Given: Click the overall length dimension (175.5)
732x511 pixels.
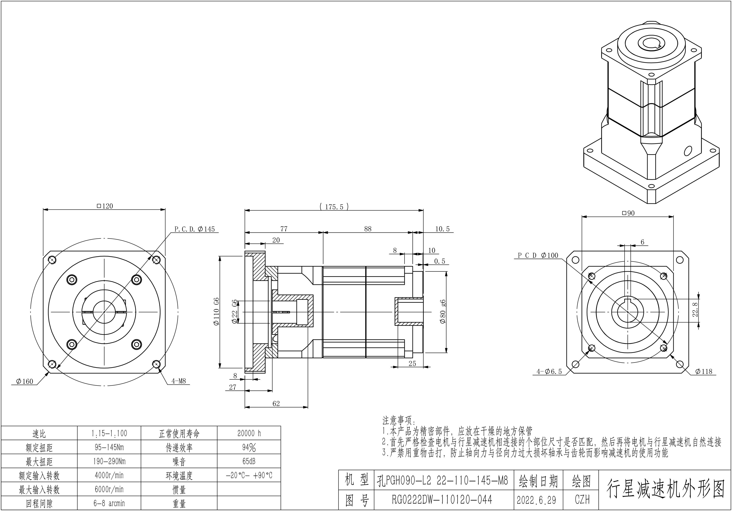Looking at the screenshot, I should [334, 207].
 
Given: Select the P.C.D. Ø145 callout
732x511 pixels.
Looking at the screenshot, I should [194, 229].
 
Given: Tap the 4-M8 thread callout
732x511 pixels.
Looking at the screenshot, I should [178, 381].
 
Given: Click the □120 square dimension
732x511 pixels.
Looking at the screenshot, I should [105, 206].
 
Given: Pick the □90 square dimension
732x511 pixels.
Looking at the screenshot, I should [628, 213].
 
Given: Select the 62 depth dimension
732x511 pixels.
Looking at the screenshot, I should [276, 404].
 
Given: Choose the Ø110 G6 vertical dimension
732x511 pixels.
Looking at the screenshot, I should [216, 311].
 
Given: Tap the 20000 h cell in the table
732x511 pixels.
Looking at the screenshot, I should [249, 433].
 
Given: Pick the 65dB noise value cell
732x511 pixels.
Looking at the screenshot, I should [249, 461].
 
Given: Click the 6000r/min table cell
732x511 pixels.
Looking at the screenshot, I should [109, 489].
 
